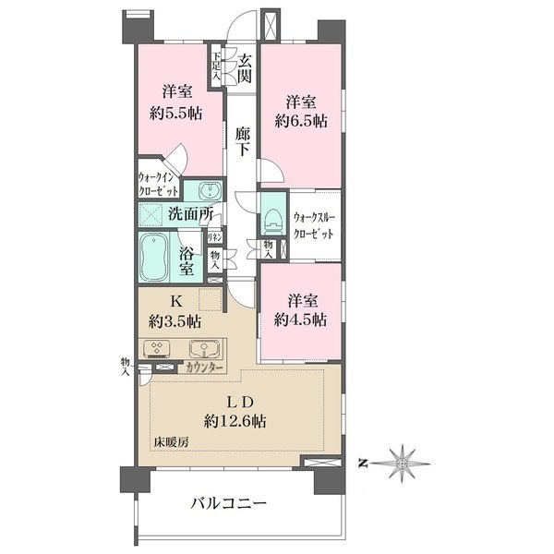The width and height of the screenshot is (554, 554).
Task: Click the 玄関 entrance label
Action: coord(245,69)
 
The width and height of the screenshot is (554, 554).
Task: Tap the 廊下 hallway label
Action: coord(243,142)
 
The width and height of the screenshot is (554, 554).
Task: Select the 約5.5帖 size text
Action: coord(176,114)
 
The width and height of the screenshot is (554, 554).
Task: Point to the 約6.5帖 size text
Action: coord(301,121)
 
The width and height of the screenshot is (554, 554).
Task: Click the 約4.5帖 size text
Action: coord(300,319)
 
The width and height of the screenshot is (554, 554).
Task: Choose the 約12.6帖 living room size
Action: coord(235,421)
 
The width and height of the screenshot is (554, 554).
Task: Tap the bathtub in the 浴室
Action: coord(154,257)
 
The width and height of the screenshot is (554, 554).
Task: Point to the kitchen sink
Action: coord(205,349)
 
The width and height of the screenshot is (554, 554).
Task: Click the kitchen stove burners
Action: coord(157,348)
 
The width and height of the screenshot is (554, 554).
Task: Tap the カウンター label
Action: coord(204,368)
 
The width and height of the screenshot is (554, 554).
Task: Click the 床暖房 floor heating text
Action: coord(171,442)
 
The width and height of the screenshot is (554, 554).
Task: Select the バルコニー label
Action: coord(229,504)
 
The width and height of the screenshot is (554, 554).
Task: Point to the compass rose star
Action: coord(402,464)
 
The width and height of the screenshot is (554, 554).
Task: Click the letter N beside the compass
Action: coord(361,464)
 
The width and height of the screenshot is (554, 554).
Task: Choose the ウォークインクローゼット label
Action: coord(158,184)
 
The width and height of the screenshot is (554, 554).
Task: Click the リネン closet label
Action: coord(214,237)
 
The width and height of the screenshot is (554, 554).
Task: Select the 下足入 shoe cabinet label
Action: coord(216,66)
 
